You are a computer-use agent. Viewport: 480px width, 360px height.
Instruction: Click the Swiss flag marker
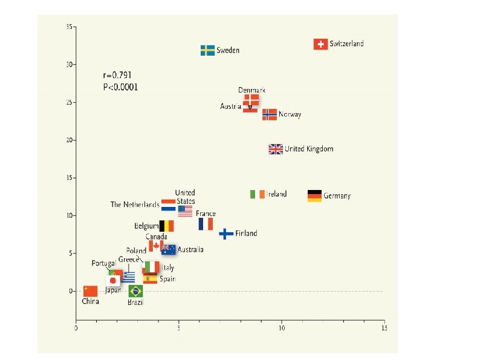coord(321,44)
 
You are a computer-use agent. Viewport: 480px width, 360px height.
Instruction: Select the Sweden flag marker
coord(207,50)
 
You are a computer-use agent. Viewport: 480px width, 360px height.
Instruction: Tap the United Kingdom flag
coord(276,149)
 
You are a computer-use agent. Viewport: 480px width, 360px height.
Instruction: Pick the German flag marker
coord(314,195)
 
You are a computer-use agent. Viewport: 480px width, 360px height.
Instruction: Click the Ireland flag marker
coord(258,194)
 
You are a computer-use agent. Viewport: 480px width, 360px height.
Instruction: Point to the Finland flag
coord(226,234)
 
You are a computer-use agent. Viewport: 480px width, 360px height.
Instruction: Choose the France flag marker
coord(206,224)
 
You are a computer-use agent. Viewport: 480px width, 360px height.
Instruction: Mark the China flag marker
coord(90,291)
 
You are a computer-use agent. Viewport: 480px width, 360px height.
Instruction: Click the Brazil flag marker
coord(135,291)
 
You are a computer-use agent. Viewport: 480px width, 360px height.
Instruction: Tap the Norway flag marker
coord(270,114)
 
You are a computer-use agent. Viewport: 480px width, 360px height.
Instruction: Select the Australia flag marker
coord(169,249)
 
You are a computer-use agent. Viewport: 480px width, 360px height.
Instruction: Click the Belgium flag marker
coord(166,226)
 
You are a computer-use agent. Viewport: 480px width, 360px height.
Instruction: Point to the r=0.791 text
coord(117,76)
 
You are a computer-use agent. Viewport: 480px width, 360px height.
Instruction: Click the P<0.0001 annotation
coord(121,87)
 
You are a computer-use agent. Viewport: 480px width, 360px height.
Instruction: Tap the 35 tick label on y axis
coord(70,27)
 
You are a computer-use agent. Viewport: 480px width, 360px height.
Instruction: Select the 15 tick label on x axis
coord(384,329)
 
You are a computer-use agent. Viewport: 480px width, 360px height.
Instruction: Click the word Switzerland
coord(347,44)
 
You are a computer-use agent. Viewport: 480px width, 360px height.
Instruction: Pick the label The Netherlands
coord(135,205)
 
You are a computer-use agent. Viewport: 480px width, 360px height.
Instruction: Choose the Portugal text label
coord(103,263)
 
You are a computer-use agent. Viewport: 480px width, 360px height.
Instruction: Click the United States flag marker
coord(185,211)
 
